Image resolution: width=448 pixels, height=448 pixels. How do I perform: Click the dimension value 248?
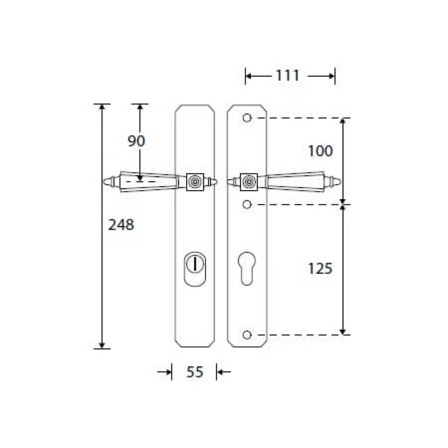[121, 225]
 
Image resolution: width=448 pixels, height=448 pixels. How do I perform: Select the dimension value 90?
[136, 141]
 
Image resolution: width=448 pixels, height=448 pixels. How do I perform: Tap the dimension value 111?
[287, 76]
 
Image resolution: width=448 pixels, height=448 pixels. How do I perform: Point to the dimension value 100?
[320, 151]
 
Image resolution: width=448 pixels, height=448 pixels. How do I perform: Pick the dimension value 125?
[320, 269]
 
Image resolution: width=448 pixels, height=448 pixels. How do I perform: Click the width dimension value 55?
[195, 372]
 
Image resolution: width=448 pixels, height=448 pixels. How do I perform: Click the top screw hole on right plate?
[247, 118]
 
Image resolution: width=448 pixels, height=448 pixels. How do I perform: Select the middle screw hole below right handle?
[247, 205]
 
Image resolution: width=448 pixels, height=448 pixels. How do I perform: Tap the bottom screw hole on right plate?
[247, 335]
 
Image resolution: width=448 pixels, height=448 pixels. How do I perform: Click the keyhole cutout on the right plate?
[246, 268]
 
